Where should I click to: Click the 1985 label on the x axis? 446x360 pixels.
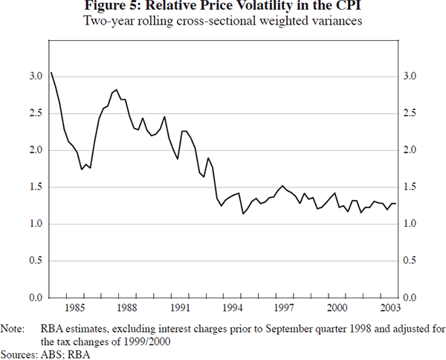coord(73,306)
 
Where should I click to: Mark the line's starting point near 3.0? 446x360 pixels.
coord(51,72)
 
